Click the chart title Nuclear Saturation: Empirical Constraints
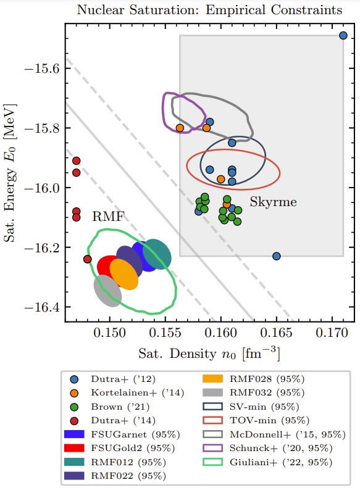[x=209, y=10]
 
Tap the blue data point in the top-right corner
[x=343, y=36]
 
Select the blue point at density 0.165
[x=276, y=256]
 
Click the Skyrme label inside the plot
[x=273, y=202]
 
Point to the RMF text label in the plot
[x=108, y=217]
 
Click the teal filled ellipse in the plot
[x=157, y=254]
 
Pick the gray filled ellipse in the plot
[x=107, y=291]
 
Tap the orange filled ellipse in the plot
[x=124, y=274]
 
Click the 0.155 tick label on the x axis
[x=165, y=333]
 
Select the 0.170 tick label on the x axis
[x=332, y=333]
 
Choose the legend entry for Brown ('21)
[x=109, y=407]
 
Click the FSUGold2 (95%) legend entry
[x=119, y=449]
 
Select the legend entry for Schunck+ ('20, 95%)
[x=268, y=449]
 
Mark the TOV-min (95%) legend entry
[x=256, y=421]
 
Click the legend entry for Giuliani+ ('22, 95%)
[x=268, y=462]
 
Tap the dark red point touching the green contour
[x=88, y=259]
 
